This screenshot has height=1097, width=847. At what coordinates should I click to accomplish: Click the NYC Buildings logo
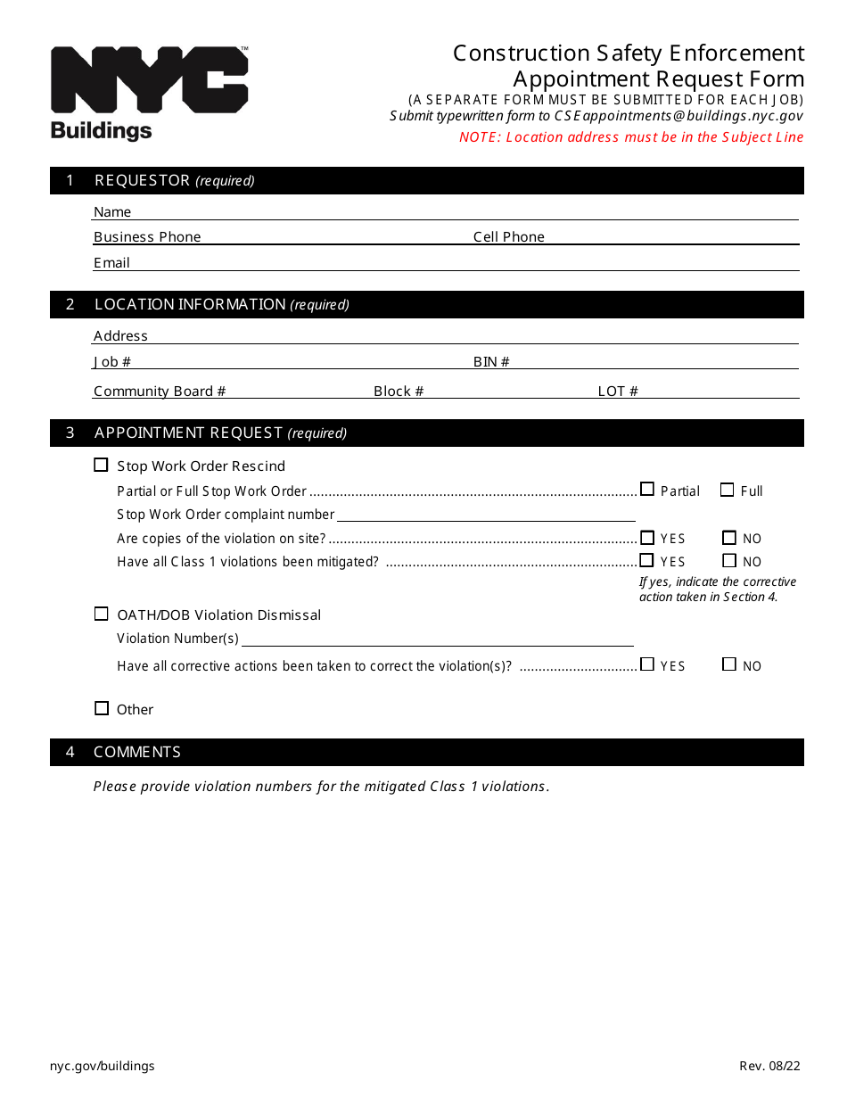click(x=149, y=93)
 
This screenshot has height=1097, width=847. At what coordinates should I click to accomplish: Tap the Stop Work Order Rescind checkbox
click(x=101, y=465)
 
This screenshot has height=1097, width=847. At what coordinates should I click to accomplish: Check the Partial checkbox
click(x=647, y=490)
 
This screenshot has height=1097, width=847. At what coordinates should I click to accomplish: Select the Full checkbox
click(x=727, y=490)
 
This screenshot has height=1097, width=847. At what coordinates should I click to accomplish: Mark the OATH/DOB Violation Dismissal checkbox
click(x=101, y=614)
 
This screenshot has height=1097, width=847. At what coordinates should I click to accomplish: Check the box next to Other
click(x=101, y=708)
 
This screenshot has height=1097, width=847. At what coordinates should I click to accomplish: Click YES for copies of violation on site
click(x=647, y=537)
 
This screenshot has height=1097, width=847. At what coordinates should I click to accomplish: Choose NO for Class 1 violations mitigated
click(x=729, y=560)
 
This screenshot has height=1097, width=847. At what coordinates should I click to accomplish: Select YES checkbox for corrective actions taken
click(x=647, y=664)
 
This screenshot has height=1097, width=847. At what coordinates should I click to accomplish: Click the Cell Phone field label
click(x=508, y=237)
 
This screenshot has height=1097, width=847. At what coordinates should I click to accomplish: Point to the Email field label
click(x=111, y=263)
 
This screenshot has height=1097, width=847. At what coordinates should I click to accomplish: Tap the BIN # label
click(x=491, y=362)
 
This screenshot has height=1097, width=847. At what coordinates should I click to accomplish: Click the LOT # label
click(x=617, y=392)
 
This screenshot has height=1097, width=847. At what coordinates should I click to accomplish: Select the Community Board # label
click(x=160, y=392)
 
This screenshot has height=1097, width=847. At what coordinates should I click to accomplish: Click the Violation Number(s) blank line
click(x=437, y=641)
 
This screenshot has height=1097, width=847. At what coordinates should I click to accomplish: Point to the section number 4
click(x=70, y=752)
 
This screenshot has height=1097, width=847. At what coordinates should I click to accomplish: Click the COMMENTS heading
click(x=137, y=752)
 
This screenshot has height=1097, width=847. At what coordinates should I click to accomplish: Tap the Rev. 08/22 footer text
click(x=769, y=1066)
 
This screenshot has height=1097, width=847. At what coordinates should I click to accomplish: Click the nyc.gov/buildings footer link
click(x=103, y=1066)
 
